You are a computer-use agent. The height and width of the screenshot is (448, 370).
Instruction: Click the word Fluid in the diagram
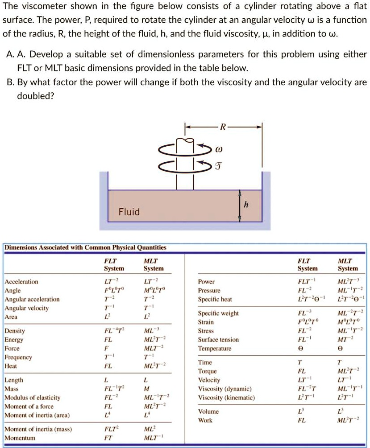click(129, 212)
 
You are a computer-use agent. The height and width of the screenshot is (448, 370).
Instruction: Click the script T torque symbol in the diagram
click(218, 166)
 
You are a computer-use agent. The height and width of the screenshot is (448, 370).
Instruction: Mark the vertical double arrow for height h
click(240, 206)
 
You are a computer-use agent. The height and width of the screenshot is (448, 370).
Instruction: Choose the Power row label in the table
click(207, 282)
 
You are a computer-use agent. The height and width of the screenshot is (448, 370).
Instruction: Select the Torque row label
click(208, 371)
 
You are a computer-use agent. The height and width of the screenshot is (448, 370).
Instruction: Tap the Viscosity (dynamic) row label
click(225, 389)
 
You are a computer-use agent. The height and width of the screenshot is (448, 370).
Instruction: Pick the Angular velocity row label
click(27, 308)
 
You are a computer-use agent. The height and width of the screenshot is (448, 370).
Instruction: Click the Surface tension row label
click(218, 340)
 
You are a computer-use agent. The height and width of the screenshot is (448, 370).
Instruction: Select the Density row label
click(15, 331)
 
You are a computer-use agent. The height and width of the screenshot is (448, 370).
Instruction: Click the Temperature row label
click(215, 348)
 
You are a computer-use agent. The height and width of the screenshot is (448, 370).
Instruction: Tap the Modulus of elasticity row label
click(33, 397)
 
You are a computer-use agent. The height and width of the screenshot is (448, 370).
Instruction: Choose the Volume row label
click(208, 411)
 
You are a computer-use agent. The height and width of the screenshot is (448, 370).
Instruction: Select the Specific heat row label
click(215, 299)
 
